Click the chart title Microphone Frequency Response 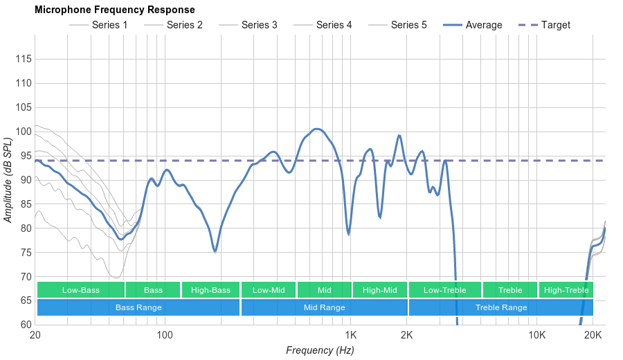coord(114,10)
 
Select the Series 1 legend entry coord(109,25)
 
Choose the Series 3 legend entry coord(259,25)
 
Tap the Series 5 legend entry coord(408,25)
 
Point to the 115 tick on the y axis coord(24,59)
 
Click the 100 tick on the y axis coord(24,132)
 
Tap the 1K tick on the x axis coord(350,336)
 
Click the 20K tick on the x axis coord(593,336)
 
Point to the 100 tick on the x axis coord(165,336)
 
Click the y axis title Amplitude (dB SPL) coord(8,180)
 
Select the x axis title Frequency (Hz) coord(320,350)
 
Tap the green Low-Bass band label coord(81,290)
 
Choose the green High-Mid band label coord(380,290)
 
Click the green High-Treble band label coord(566,290)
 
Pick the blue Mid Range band coord(324,307)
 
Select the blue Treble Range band coord(501,307)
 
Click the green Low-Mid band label coord(269,290)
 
